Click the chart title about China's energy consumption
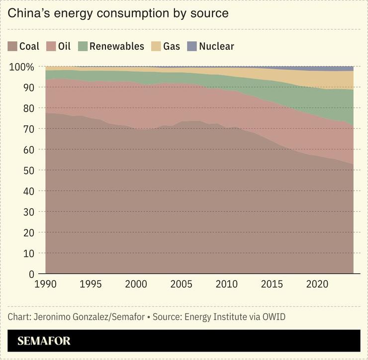(118, 13)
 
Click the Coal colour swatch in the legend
(12, 47)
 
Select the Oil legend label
(64, 47)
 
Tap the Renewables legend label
(116, 47)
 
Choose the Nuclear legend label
(216, 47)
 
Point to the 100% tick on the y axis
(22, 67)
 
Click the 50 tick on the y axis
(29, 170)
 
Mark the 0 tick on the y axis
(31, 274)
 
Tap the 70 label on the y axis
(29, 129)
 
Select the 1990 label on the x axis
(45, 284)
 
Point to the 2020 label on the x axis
(317, 284)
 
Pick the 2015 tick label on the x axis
(272, 284)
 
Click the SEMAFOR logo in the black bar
(44, 341)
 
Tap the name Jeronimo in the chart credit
(54, 317)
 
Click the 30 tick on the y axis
(29, 212)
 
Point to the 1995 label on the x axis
(91, 284)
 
